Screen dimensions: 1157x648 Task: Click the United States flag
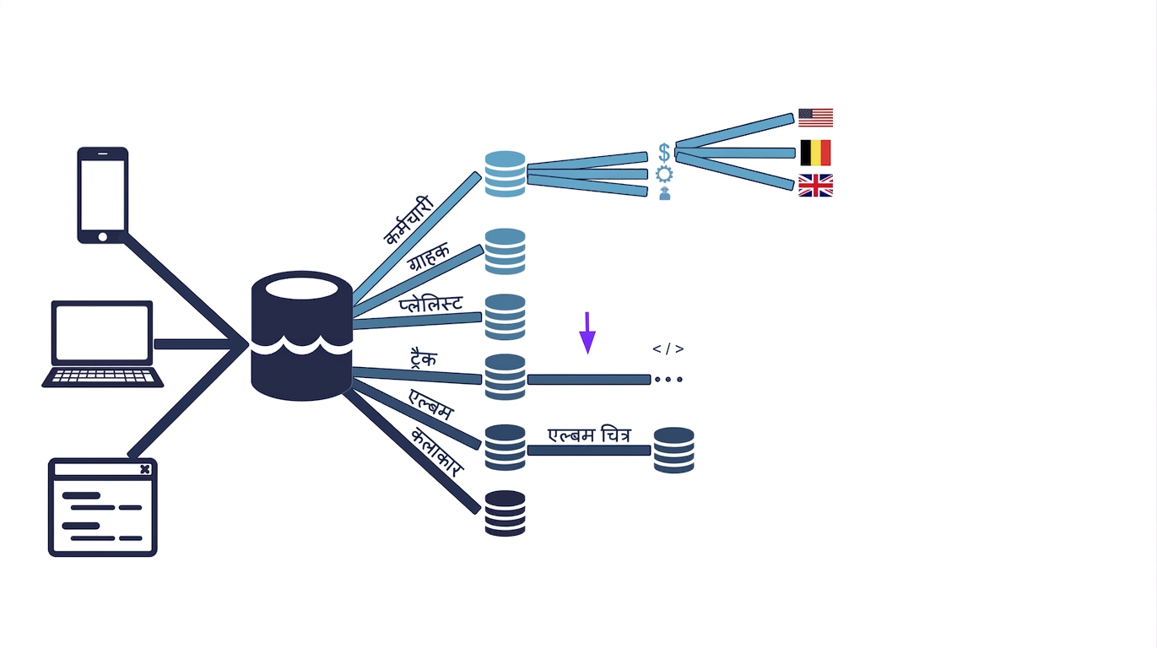coord(815,118)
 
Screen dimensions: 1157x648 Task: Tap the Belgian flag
coord(815,153)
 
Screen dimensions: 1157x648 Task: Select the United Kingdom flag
coord(815,186)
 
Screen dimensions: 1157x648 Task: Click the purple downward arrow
coord(587,333)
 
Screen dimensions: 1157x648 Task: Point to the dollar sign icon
coord(664,153)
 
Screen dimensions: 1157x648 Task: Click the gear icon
coord(664,174)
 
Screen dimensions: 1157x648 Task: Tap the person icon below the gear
coord(665,193)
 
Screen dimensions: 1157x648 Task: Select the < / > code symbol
coord(668,349)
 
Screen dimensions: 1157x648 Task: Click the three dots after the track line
coord(668,380)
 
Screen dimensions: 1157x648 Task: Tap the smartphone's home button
coord(103,237)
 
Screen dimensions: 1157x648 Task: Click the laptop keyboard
coord(103,376)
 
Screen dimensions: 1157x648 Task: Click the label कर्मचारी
coord(408,220)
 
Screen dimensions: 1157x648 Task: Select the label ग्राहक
coord(428,256)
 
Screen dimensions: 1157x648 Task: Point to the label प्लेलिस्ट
coord(430,304)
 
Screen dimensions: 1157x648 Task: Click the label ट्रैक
coord(424,357)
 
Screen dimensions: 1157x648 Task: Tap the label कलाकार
coord(437,451)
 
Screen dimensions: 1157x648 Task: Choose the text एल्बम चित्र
coord(589,435)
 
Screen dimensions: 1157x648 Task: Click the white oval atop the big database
coord(301,288)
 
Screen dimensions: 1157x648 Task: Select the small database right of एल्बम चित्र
coord(674,450)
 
